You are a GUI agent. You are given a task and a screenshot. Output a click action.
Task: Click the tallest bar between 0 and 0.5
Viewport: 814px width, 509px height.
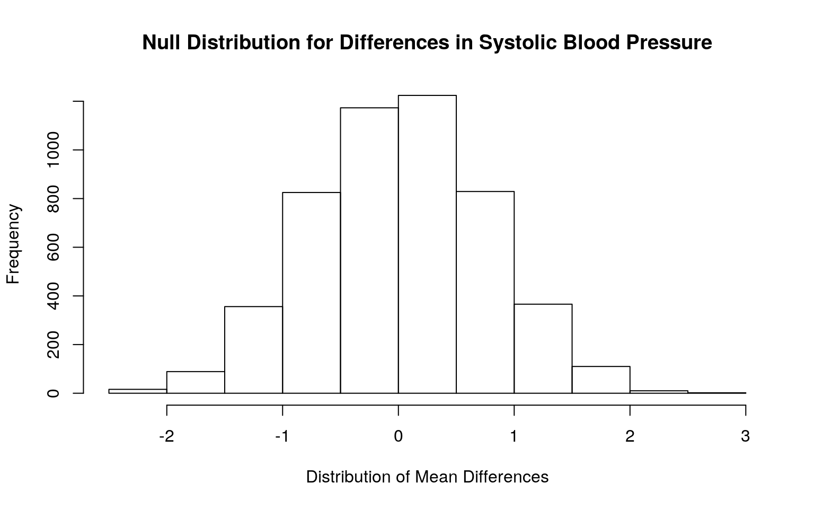click(x=427, y=244)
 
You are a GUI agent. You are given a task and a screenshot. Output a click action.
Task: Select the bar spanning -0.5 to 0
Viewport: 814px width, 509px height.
click(x=369, y=250)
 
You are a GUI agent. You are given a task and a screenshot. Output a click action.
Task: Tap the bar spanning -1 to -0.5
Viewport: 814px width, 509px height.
click(x=312, y=293)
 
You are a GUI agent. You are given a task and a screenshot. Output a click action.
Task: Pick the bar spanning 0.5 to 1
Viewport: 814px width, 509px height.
click(x=485, y=292)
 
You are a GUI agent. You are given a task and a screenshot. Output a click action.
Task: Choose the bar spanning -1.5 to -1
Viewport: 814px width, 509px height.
click(x=254, y=350)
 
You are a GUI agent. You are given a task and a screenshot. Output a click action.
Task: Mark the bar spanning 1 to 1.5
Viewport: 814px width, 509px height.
click(x=543, y=349)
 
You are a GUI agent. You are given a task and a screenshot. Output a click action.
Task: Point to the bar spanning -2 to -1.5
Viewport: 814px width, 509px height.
click(x=196, y=382)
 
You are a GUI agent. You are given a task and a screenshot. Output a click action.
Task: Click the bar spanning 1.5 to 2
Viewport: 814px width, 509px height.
click(x=601, y=380)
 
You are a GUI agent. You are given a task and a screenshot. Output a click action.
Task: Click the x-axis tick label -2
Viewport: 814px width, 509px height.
click(x=167, y=436)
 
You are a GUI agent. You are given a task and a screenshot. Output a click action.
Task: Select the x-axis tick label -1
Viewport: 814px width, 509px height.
click(x=282, y=436)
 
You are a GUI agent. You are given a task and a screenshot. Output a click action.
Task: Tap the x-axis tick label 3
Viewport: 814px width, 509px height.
click(x=746, y=436)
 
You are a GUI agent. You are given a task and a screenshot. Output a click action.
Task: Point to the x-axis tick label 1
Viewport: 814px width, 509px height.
click(x=514, y=436)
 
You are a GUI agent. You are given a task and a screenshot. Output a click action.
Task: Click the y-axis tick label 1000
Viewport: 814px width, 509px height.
click(x=53, y=150)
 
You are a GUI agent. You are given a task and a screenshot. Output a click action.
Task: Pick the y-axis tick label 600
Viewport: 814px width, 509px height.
click(x=53, y=247)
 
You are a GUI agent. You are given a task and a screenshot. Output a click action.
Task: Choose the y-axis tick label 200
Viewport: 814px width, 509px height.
click(x=53, y=345)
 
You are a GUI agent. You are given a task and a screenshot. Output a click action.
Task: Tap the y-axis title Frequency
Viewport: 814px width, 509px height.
click(x=13, y=244)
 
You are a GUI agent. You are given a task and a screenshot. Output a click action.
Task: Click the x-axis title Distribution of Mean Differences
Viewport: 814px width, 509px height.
click(x=427, y=477)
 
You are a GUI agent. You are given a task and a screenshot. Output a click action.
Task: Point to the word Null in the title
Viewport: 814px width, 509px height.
click(x=161, y=42)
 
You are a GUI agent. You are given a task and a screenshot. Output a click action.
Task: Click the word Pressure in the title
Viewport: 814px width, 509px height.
click(x=669, y=42)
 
